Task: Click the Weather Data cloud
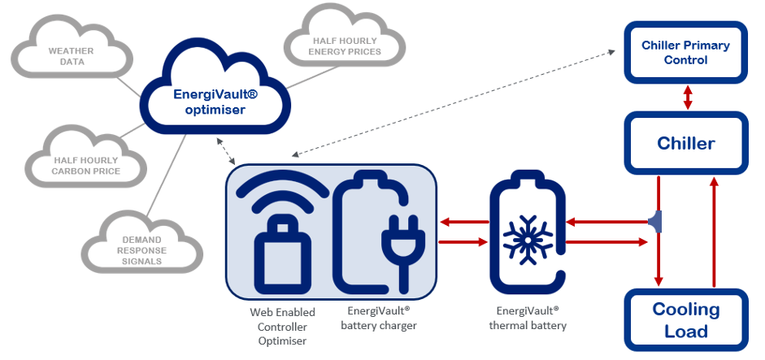(x=71, y=55)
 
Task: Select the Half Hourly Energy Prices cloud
(x=345, y=46)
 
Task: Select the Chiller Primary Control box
(x=685, y=52)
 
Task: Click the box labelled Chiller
(x=685, y=144)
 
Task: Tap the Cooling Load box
(x=685, y=320)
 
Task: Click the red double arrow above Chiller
(x=689, y=98)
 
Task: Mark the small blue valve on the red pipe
(x=654, y=219)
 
